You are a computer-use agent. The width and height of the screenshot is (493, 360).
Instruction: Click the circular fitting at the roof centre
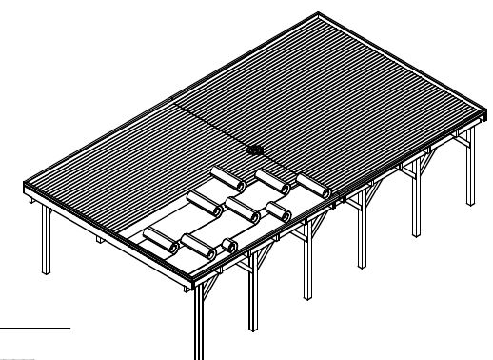(x=254, y=150)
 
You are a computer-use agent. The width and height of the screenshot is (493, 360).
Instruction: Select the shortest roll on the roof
(x=229, y=246)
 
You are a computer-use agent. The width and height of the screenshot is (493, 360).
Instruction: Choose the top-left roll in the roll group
(x=225, y=178)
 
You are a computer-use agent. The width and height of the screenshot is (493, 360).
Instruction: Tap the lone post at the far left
(x=46, y=238)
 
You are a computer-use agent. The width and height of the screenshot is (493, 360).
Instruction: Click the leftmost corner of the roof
(x=23, y=188)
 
